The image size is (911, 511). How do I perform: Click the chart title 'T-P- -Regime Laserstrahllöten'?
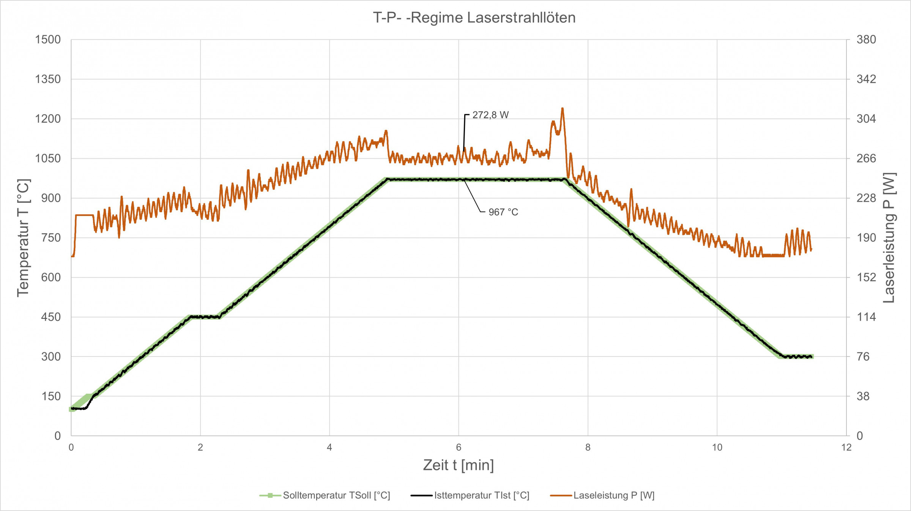click(474, 18)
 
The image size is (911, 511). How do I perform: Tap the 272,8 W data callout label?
click(490, 115)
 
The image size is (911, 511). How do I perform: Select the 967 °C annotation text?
click(503, 212)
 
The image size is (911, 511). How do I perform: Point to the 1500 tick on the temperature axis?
click(48, 39)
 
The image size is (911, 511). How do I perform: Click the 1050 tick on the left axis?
click(48, 158)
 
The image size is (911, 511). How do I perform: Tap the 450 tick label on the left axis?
click(51, 317)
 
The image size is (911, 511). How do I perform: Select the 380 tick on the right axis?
click(866, 39)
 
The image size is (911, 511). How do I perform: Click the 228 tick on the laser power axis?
click(866, 198)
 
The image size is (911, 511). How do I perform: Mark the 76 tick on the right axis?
click(863, 356)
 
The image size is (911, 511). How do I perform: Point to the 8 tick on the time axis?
click(588, 447)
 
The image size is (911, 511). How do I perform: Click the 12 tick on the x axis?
click(846, 447)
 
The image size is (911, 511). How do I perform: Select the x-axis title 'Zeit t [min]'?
click(459, 465)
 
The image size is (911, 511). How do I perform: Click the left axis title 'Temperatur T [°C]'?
click(24, 238)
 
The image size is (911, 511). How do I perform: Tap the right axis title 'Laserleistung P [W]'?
click(889, 238)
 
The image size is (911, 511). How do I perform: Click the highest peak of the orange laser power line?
click(562, 109)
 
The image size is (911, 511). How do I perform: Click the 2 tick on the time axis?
click(200, 447)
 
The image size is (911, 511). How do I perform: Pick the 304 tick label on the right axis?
click(866, 119)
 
